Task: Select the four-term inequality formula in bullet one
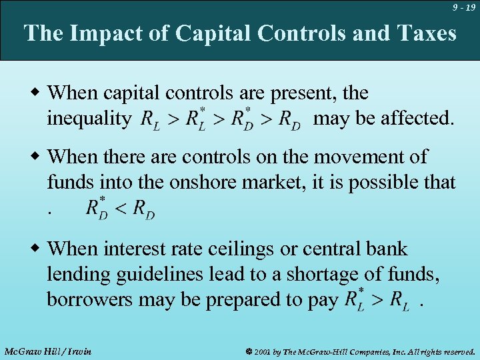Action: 221,119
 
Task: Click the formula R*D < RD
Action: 120,209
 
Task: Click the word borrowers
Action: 90,300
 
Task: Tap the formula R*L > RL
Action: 377,300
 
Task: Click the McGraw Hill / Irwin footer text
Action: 47,351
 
